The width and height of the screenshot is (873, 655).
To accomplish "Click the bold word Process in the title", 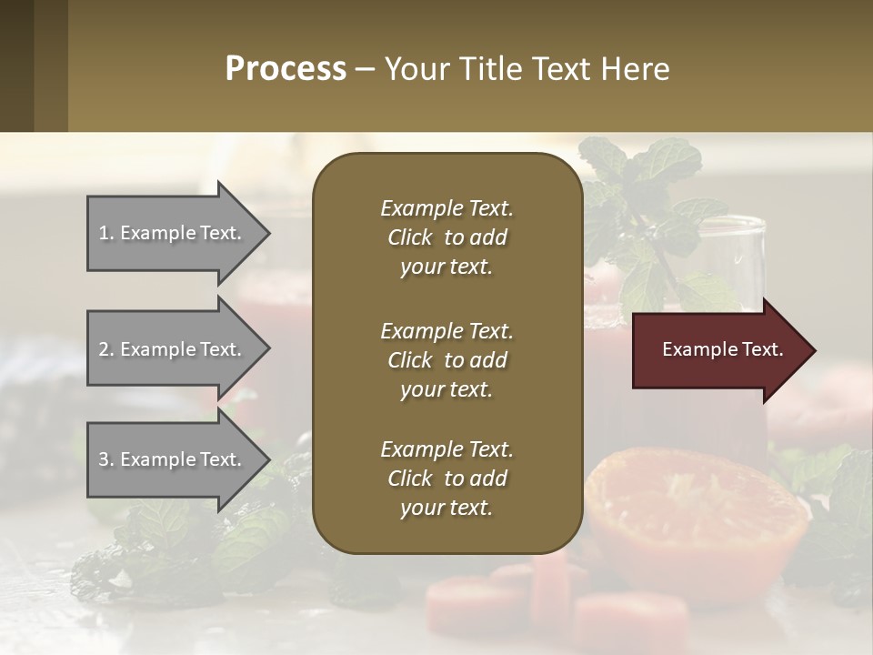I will [286, 68].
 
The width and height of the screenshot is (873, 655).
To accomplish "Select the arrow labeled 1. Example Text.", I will [173, 233].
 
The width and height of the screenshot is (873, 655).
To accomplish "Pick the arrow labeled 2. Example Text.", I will [173, 349].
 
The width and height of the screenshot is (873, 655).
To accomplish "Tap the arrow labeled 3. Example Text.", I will [173, 459].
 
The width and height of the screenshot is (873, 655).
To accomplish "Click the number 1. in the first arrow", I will [106, 233].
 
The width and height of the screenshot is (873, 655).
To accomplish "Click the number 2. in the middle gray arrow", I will [106, 349].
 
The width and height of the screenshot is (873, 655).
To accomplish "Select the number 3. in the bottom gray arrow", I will [106, 459].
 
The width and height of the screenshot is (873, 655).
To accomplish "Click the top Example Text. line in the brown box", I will [447, 208].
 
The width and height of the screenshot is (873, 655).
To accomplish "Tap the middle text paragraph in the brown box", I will [447, 359].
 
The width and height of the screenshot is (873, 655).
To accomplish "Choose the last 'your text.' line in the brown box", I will [447, 508].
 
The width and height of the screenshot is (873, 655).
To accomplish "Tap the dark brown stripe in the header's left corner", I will [16, 65].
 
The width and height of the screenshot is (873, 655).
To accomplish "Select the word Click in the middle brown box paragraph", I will [409, 360].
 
